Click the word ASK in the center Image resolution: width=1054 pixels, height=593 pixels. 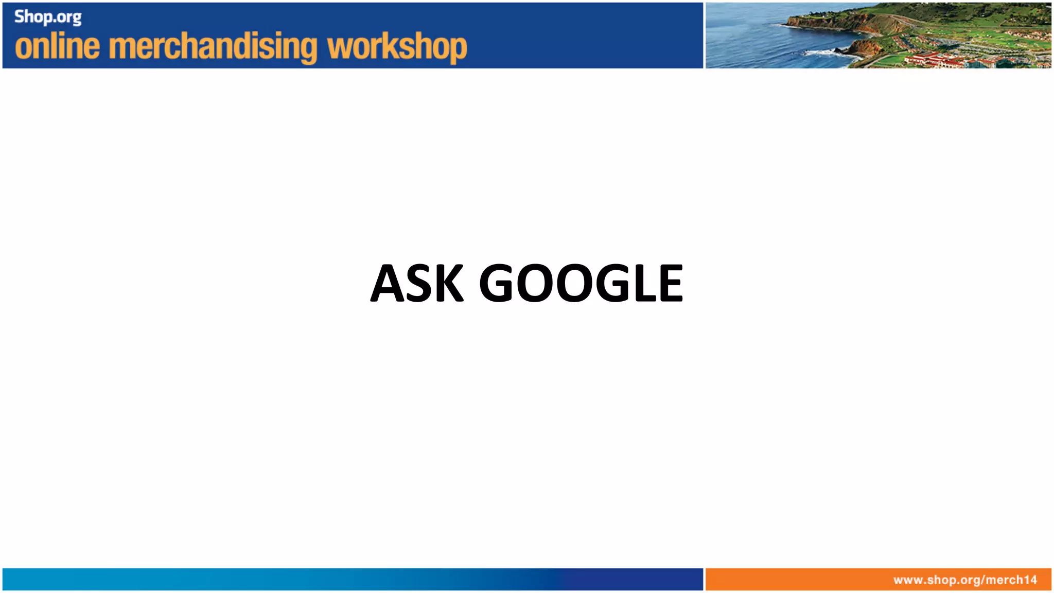pos(417,283)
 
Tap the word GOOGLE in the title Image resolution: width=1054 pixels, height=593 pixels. pos(581,283)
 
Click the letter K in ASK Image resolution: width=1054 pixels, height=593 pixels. pos(446,283)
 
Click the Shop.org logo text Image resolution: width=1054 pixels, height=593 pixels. pos(48,17)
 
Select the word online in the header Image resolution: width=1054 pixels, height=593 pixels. pos(57,47)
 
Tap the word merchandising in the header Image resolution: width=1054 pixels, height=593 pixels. pos(214,47)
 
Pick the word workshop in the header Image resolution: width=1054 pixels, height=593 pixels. pos(397,47)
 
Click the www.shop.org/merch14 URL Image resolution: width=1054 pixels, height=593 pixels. pos(965,580)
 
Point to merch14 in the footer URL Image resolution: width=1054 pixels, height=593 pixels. pos(1011,580)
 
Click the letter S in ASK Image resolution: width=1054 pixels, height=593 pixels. pos(418,283)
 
